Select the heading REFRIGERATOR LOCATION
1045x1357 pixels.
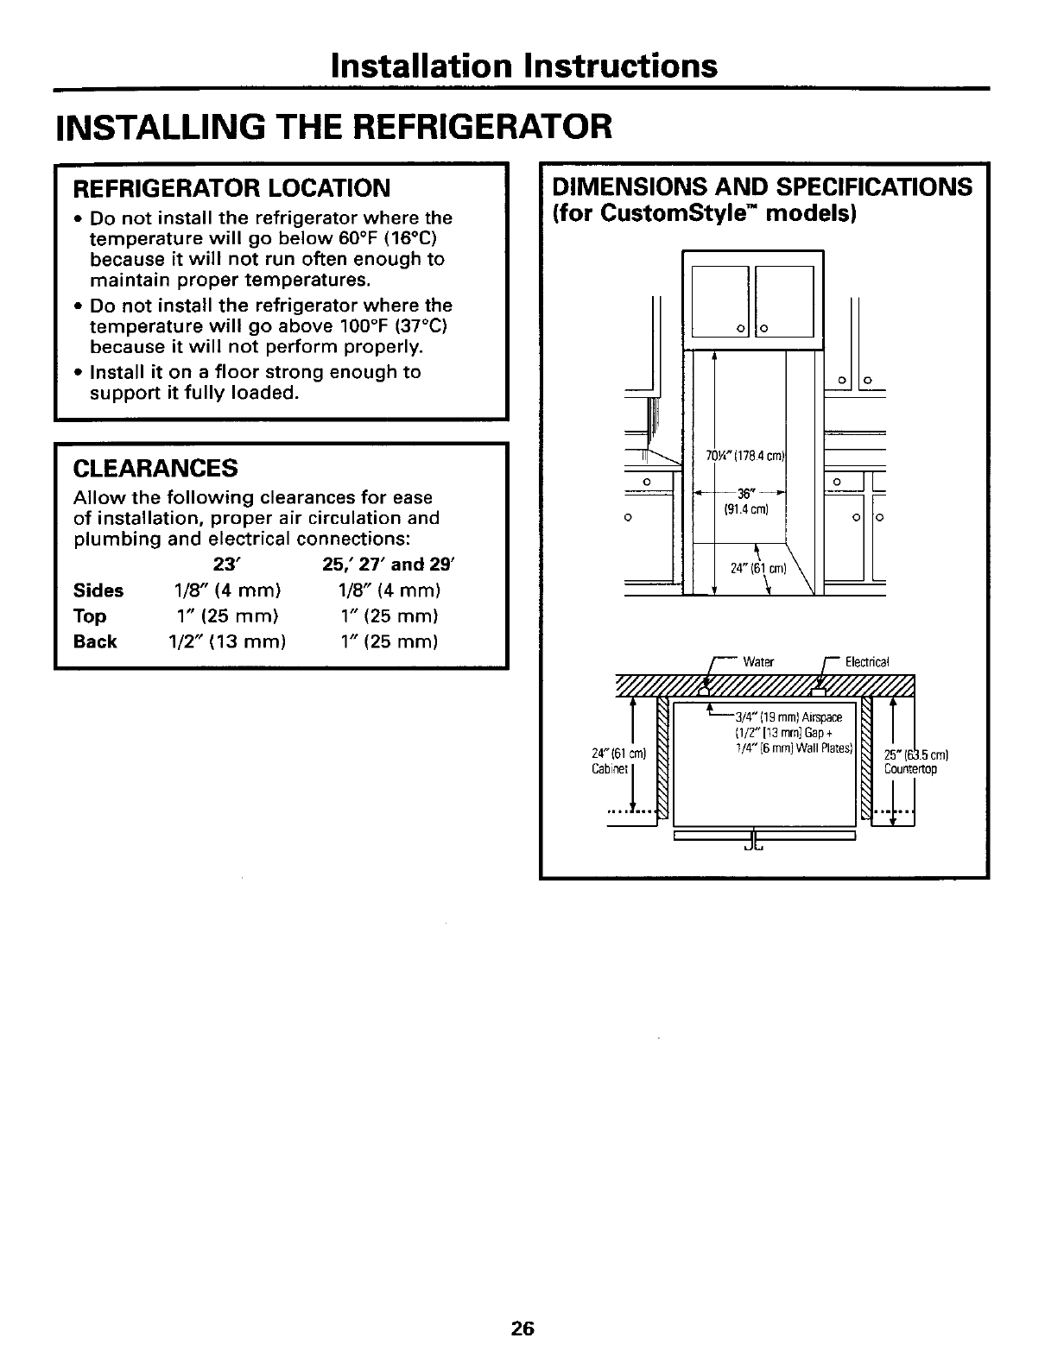pyautogui.click(x=231, y=187)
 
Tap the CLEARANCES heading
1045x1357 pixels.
pyautogui.click(x=155, y=468)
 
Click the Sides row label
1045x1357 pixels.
pyautogui.click(x=99, y=591)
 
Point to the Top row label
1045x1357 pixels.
pyautogui.click(x=91, y=616)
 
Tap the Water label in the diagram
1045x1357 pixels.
pyautogui.click(x=759, y=662)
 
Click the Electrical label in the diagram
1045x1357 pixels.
pyautogui.click(x=866, y=662)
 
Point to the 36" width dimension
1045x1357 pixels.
pyautogui.click(x=742, y=493)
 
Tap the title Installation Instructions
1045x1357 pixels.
pyautogui.click(x=523, y=66)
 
